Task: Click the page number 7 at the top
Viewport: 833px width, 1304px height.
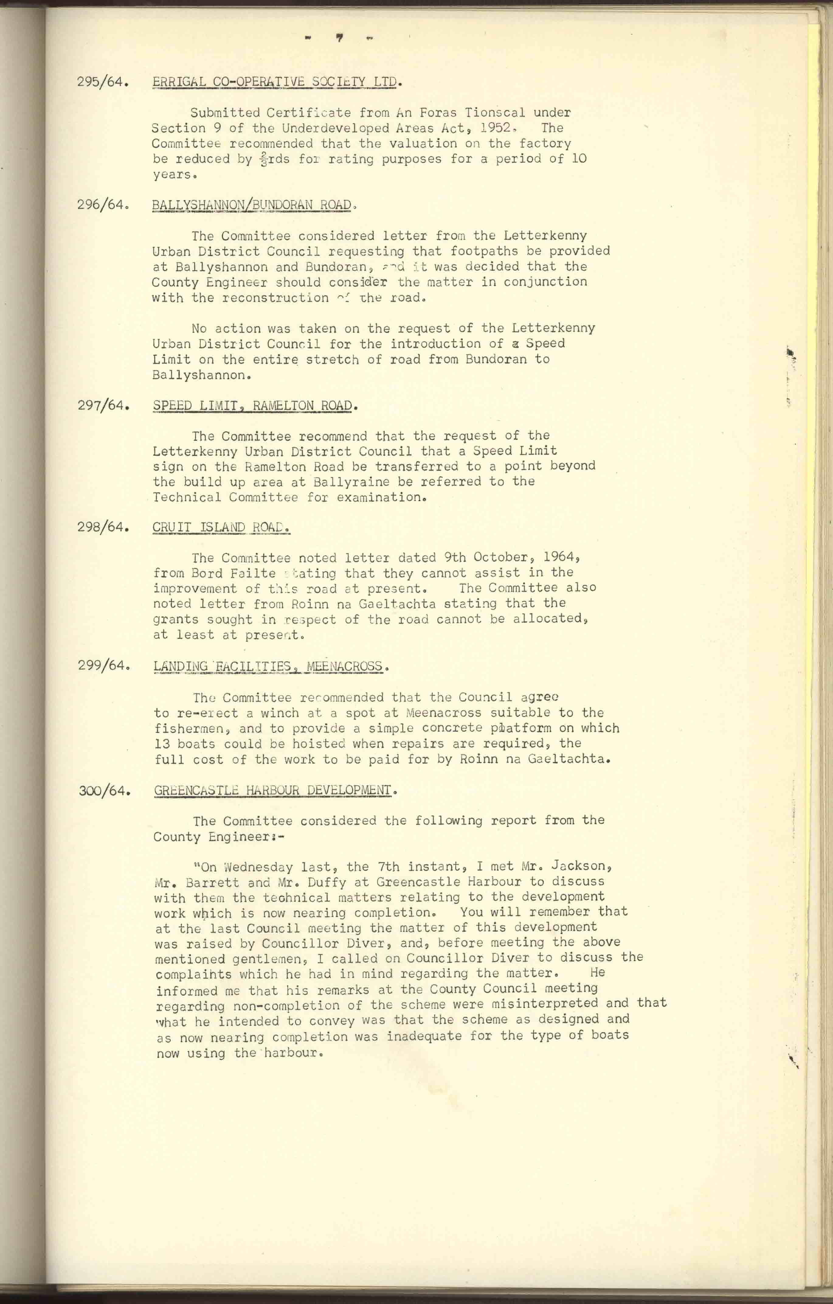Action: (339, 38)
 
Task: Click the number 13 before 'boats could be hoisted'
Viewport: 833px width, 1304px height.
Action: (162, 743)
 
